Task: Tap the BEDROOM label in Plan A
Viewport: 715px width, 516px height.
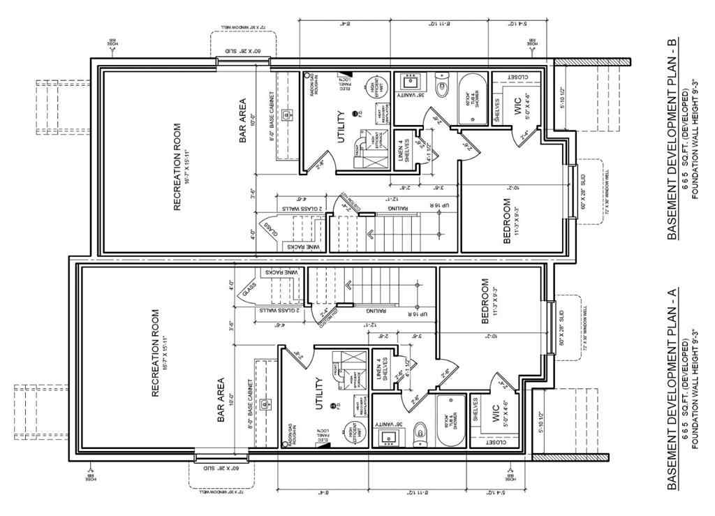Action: (x=485, y=298)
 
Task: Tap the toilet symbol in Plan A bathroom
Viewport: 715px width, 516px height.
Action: (x=419, y=434)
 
